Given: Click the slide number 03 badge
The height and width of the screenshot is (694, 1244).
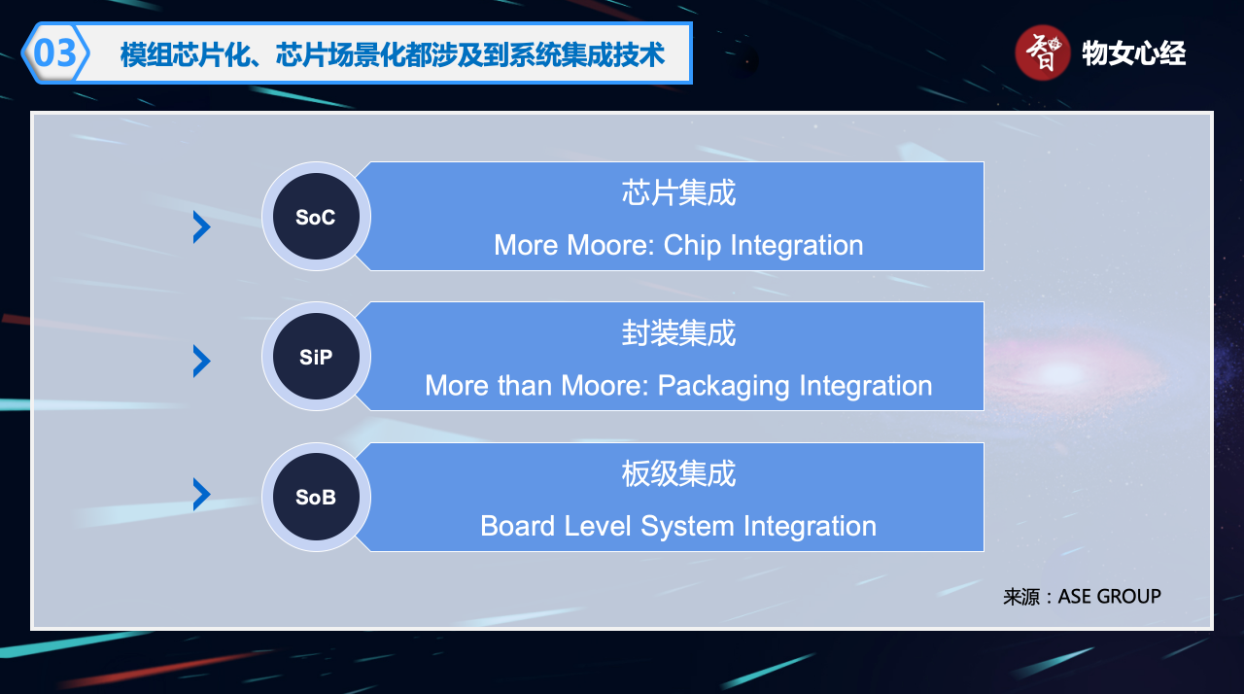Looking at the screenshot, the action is [55, 53].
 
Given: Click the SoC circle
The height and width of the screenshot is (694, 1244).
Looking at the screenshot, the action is [316, 217].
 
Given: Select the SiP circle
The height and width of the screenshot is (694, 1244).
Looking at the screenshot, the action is [316, 357].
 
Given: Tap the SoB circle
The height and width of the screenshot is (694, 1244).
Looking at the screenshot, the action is [316, 497].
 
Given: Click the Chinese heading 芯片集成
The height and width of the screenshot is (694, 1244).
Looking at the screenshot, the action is [678, 193].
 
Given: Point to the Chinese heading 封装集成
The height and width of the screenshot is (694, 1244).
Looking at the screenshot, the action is [678, 333].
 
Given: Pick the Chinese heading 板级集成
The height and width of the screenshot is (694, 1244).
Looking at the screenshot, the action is [678, 473].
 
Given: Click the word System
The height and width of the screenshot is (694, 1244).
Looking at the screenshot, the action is [687, 527].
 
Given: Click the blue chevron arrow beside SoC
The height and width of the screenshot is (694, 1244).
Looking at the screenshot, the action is [201, 227].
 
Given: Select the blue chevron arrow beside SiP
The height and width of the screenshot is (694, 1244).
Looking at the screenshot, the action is [201, 361].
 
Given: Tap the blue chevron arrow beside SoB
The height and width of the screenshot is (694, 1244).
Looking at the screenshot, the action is [201, 494].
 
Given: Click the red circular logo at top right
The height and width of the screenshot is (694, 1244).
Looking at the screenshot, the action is [1043, 52].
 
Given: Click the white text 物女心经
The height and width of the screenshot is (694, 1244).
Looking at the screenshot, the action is [1133, 53].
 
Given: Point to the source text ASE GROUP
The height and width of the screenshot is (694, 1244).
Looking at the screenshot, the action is [1110, 596].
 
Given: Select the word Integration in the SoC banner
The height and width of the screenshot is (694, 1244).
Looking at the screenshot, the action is [797, 246].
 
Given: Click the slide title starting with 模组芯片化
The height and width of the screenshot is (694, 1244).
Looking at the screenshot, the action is [392, 54].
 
